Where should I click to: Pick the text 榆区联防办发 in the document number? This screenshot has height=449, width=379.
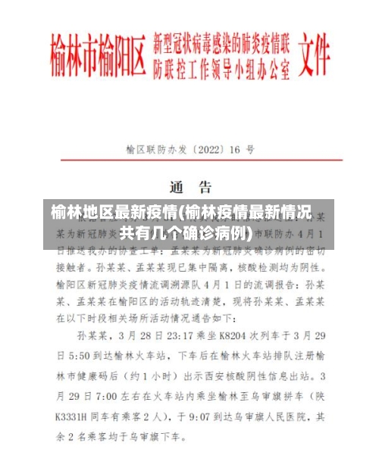click(x=157, y=150)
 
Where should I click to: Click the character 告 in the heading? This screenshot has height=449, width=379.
click(x=204, y=186)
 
